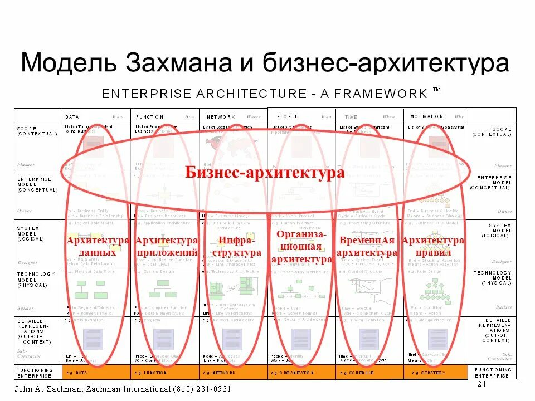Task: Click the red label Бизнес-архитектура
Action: (265, 173)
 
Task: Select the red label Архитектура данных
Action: (98, 246)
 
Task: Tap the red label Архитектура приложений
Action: (166, 246)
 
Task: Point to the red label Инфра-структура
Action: (236, 246)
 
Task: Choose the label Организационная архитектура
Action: (301, 247)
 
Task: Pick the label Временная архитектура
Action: (367, 246)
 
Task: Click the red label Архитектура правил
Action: (433, 246)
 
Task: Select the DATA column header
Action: (72, 117)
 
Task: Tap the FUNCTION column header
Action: (150, 117)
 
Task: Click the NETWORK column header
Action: (221, 117)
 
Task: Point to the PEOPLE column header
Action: (285, 116)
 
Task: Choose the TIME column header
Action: (351, 117)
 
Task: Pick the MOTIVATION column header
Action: (426, 116)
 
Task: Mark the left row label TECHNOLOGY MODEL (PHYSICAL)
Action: (36, 279)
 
